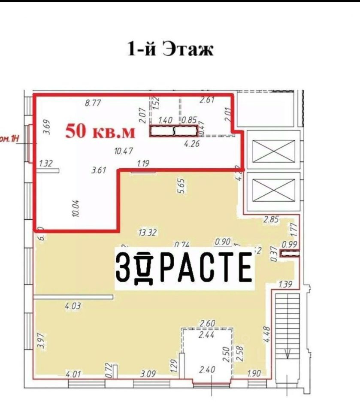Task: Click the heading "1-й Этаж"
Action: (170, 49)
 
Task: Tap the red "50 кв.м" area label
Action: (100, 132)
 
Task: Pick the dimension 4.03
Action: (73, 306)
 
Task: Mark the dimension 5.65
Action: (181, 187)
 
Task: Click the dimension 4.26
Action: (192, 144)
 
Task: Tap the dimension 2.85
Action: (271, 219)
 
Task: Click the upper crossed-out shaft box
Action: (273, 151)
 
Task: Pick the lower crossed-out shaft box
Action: (273, 190)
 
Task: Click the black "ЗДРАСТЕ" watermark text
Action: (183, 267)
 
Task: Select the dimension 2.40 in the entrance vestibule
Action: (208, 369)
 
